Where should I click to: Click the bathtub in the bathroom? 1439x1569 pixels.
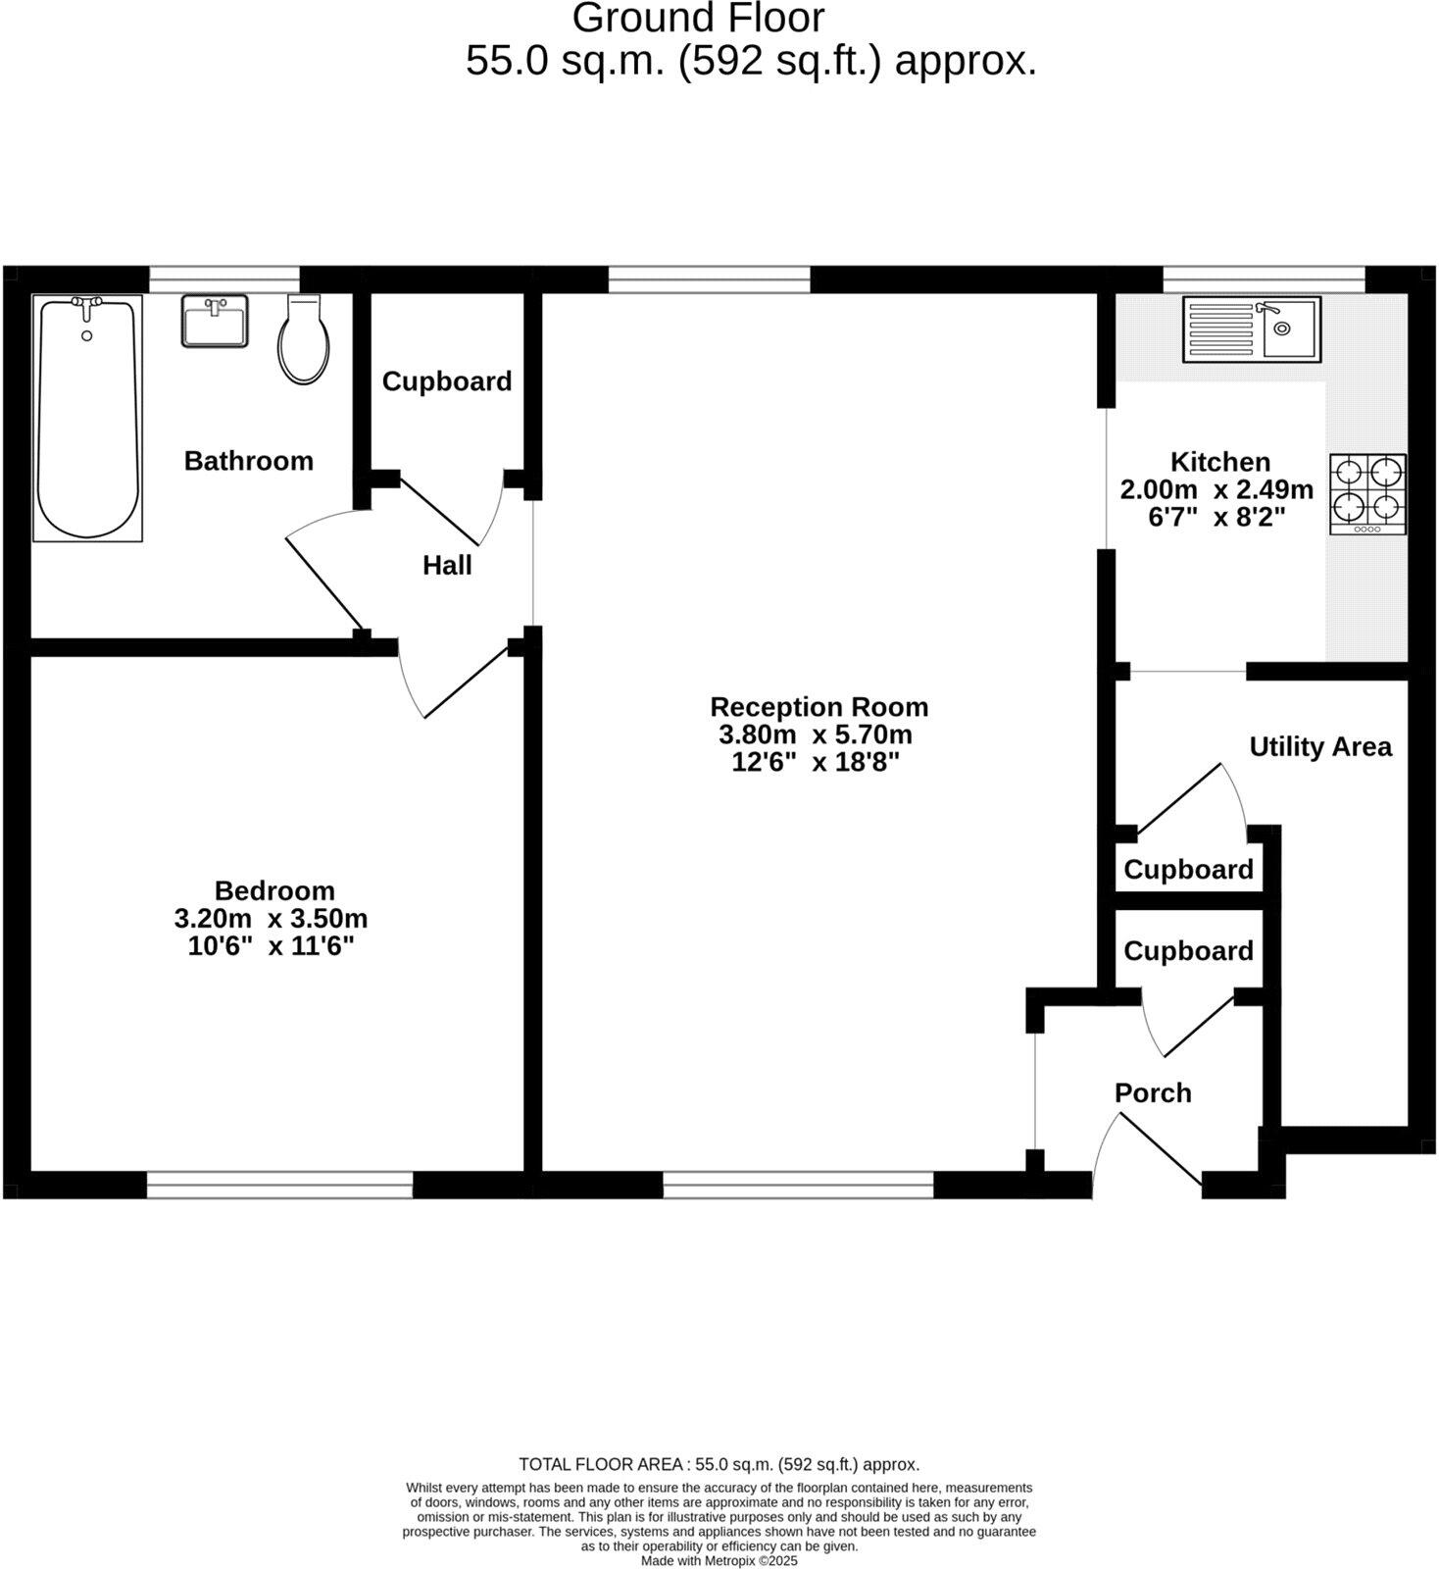coord(87,418)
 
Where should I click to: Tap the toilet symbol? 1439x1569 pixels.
coord(303,340)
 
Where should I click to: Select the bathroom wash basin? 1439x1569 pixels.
coord(215,322)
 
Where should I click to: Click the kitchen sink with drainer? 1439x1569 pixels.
coord(1252,329)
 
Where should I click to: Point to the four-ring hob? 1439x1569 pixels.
coord(1367,494)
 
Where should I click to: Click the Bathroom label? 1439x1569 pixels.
coord(249,461)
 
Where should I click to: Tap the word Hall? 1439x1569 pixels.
coord(447,566)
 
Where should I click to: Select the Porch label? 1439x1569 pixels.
coord(1153,1093)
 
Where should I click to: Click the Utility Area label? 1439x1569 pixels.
coord(1319,747)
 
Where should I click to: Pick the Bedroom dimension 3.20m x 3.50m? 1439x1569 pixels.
coord(271,919)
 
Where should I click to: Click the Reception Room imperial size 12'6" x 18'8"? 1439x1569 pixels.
coord(816,762)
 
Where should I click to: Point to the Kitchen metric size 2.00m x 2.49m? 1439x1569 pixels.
coord(1216,489)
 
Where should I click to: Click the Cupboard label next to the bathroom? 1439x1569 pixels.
coord(447,381)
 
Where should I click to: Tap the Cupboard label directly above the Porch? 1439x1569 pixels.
coord(1188,951)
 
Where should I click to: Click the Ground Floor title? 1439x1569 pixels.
coord(698,19)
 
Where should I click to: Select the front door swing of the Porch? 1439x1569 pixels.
coord(1147,1152)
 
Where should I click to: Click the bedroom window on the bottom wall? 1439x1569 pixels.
coord(279,1185)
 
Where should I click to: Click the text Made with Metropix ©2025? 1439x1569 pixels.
coord(719,1560)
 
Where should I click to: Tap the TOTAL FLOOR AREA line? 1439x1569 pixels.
coord(719,1465)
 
